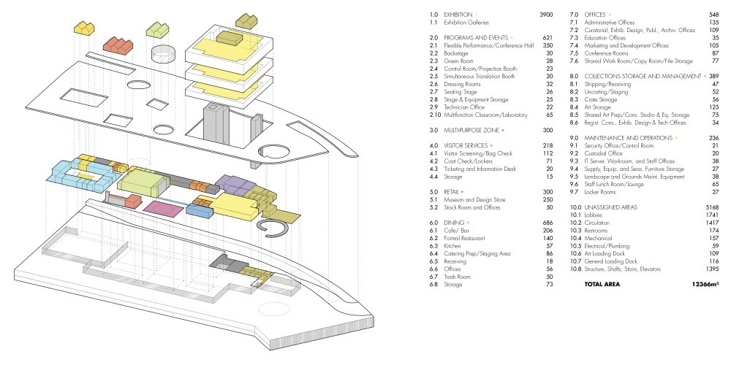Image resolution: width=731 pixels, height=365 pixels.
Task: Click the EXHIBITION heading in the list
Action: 458,15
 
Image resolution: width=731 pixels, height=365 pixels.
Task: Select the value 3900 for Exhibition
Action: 546,15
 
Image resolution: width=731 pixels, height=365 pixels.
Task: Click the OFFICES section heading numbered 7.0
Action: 597,15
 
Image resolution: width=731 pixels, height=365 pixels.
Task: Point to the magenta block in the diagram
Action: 163,208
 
